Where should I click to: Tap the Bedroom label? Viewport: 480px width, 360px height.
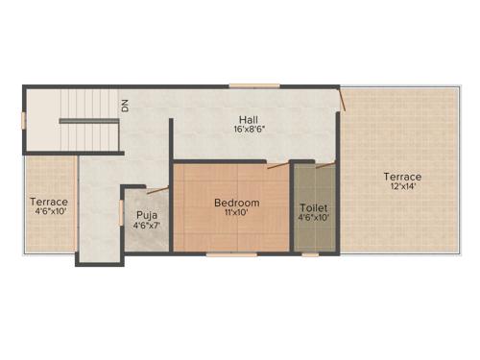coord(236,203)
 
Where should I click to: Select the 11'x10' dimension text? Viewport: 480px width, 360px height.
coord(236,213)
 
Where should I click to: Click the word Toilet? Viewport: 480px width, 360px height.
coord(314,207)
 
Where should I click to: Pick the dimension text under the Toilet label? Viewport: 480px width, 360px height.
coord(314,218)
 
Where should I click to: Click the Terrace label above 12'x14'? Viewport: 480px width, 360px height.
coord(402,177)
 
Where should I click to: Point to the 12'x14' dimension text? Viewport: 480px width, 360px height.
coord(402,187)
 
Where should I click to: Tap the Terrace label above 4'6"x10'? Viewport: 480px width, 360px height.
coord(48,202)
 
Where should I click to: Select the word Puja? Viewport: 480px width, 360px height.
coord(146,215)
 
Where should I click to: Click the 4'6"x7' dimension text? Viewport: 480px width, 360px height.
coord(146,226)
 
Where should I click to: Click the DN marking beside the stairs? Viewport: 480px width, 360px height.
coord(125,105)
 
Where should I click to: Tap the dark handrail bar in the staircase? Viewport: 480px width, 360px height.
coord(88,121)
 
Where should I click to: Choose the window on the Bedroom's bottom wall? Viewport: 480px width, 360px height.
coord(231,254)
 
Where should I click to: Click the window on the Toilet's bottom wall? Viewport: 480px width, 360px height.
coord(310,254)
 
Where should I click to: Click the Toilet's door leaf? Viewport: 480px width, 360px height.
coord(325,165)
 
